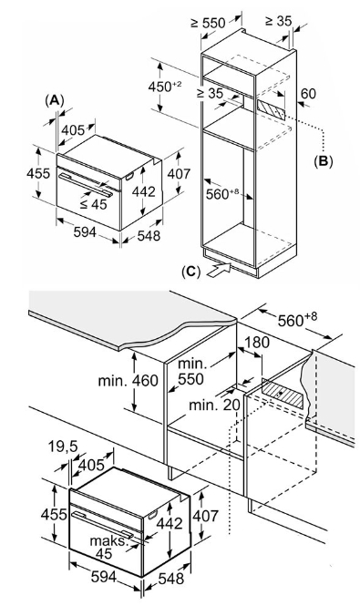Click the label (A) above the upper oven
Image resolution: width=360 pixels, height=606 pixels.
[54, 100]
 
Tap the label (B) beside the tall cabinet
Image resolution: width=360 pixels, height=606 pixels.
[323, 161]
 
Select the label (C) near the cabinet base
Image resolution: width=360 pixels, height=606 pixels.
[191, 272]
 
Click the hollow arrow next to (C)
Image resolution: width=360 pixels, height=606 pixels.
[219, 269]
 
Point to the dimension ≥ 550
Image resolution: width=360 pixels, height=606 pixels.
[208, 23]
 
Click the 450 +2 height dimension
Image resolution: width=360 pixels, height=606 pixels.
[165, 87]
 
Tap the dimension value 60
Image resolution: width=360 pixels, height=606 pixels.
[308, 94]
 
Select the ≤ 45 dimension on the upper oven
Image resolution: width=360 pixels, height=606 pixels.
[94, 204]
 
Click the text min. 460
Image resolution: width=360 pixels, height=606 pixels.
[128, 381]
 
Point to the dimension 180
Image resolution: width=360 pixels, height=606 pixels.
[257, 342]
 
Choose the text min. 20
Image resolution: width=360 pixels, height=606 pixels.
[214, 405]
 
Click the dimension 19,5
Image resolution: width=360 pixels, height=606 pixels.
[63, 447]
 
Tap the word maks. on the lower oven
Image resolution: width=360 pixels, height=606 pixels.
[109, 540]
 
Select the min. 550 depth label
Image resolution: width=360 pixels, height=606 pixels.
[190, 372]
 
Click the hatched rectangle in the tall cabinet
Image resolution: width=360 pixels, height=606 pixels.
[271, 109]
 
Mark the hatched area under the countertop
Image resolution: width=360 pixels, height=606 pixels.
[283, 393]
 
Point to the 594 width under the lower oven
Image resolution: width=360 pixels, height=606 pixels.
[104, 577]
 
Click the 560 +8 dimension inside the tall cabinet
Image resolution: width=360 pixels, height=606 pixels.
[222, 193]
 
